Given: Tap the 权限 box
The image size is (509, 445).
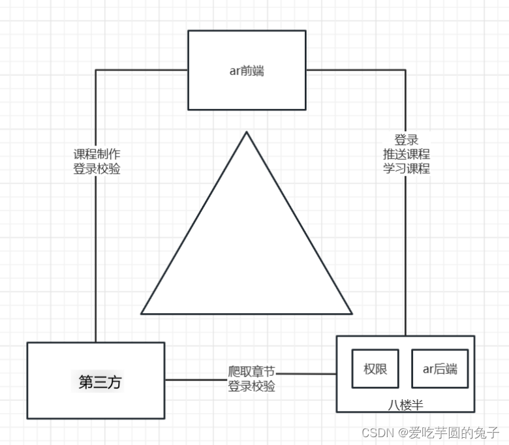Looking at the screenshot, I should pos(375,369).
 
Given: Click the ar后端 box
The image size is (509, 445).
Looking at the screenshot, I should pos(440,369).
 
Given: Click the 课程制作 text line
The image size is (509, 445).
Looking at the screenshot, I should pos(97,155).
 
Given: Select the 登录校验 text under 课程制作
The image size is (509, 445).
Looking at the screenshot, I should pos(97,168).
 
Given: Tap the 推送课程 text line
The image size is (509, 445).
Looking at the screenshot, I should pos(407,154).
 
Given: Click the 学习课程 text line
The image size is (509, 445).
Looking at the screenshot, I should pos(407,168).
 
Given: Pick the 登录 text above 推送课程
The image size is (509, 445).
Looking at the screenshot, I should pos(407,140).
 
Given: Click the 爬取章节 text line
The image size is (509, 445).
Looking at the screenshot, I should pos(251,372).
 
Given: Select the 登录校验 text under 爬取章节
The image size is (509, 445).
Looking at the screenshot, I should pos(251,386).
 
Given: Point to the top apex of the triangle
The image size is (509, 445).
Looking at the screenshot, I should pos(246,132).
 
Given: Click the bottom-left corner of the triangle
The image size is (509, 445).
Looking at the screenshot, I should pos(142,313).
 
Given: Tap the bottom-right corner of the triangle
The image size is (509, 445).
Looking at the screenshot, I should pos(352,313).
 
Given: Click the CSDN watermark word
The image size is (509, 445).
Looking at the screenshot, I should pos(375,432).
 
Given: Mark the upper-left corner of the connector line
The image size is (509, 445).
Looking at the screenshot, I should pos(96,70).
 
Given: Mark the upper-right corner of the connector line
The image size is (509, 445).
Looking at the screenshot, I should pos(405,70).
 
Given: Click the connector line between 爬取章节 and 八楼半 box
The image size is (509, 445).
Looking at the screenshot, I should pos(307,374).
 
